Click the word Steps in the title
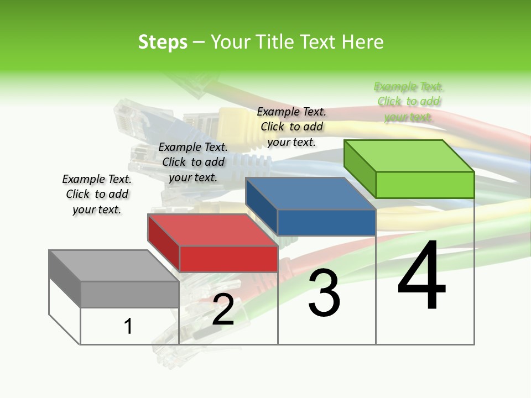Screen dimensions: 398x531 [163, 42]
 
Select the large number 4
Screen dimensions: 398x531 [421, 276]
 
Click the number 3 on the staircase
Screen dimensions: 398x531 [324, 293]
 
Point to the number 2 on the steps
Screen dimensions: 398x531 [223, 310]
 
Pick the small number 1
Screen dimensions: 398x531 [128, 326]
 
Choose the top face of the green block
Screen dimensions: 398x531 [408, 155]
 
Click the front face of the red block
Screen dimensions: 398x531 [228, 259]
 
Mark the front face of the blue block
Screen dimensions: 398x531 [326, 222]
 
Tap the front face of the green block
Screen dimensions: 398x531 [425, 185]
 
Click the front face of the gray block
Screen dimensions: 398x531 [130, 294]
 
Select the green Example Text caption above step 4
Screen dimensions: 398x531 [409, 102]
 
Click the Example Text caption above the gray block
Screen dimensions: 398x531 [97, 195]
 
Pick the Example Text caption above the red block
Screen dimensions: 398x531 [193, 162]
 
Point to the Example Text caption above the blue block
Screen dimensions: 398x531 [291, 127]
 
